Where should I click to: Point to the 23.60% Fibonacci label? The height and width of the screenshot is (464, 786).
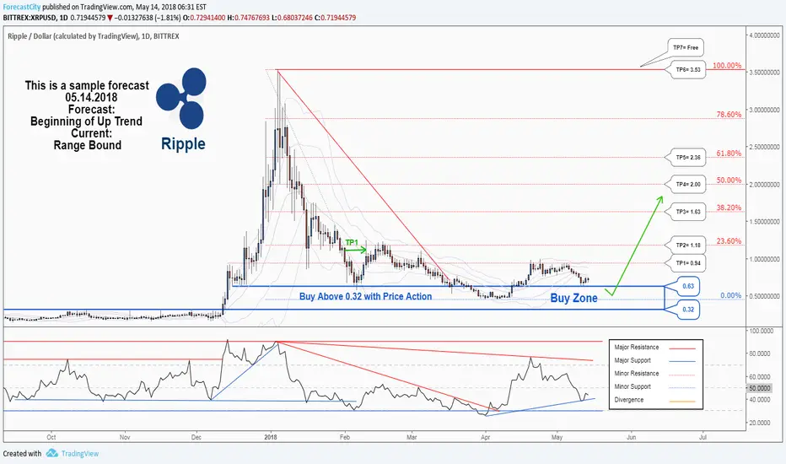pyautogui.click(x=729, y=240)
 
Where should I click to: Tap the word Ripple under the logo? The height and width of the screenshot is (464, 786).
pyautogui.click(x=182, y=143)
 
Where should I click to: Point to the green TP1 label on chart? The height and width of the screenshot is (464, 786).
pyautogui.click(x=352, y=242)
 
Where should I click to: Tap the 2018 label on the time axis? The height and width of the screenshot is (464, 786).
pyautogui.click(x=271, y=437)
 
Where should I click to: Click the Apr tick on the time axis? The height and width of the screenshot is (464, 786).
pyautogui.click(x=485, y=437)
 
